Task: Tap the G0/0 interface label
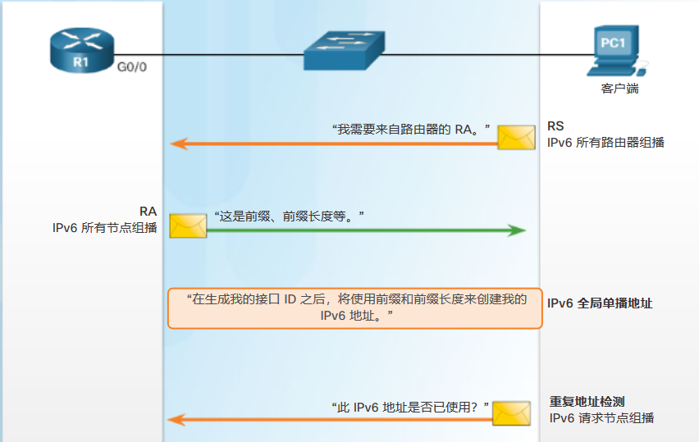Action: click(132, 68)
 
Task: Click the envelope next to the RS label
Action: click(517, 137)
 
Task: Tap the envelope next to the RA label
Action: click(188, 226)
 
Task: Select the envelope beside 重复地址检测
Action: click(513, 413)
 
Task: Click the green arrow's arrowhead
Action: click(516, 230)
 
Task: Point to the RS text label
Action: click(555, 127)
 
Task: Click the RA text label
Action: click(148, 212)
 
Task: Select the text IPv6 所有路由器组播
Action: click(605, 143)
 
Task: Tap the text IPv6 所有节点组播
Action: click(104, 228)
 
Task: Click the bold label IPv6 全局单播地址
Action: click(600, 303)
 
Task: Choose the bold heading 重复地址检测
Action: click(587, 402)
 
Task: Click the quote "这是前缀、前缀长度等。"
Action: click(289, 215)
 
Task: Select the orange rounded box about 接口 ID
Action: click(355, 308)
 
